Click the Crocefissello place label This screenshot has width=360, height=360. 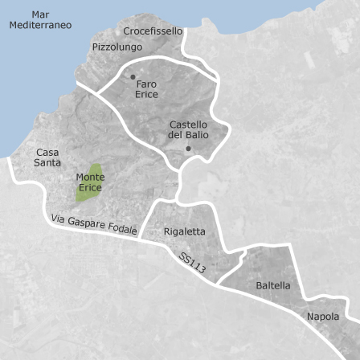coord(153,31)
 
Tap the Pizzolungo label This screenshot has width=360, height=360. coord(117,47)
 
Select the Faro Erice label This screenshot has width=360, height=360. coord(146,89)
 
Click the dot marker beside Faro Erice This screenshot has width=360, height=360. coord(133,77)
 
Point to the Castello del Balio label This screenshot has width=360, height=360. coord(188,129)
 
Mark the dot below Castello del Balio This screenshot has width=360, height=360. coord(188,148)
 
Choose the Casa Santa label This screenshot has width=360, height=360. coord(47,157)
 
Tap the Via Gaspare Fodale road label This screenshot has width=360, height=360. coord(93,224)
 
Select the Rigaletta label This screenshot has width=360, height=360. coord(184,231)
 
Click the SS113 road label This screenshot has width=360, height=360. coord(193,264)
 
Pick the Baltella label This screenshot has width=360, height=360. coord(273,285)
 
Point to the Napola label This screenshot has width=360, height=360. coord(323,317)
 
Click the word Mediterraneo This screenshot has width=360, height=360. coord(40,25)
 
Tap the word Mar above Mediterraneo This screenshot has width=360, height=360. coord(40,14)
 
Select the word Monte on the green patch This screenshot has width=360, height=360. coord(89,178)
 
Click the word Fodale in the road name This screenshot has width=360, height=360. coord(121,229)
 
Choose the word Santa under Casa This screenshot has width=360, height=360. coord(47,162)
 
